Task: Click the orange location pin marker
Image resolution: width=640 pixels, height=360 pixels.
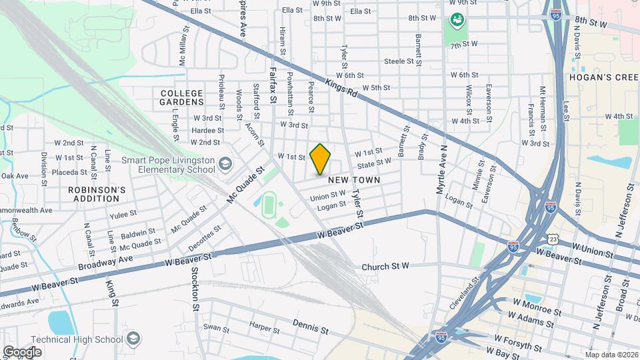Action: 320,159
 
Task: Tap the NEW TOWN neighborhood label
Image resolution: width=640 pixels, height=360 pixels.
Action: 353,180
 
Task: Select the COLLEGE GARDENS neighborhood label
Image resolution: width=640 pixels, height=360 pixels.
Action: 181,97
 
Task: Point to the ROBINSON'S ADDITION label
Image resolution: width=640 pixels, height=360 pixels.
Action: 97,194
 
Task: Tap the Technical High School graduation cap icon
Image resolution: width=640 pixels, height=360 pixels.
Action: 134,339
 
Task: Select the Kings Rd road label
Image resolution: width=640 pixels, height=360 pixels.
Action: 341,88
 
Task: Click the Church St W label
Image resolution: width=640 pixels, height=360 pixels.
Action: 385,267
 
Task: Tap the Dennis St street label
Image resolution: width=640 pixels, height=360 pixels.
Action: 311,327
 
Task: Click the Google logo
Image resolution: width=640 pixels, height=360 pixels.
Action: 21,351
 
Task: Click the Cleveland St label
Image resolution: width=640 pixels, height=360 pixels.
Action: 465,291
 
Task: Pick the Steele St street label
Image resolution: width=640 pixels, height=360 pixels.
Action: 400,61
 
